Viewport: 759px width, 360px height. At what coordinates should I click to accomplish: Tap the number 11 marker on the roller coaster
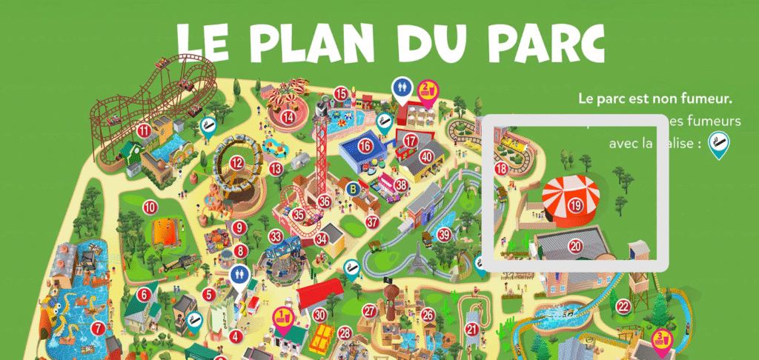[x=144, y=131]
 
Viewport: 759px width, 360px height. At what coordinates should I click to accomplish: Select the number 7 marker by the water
[x=97, y=327]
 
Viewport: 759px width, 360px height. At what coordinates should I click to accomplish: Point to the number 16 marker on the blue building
[x=365, y=146]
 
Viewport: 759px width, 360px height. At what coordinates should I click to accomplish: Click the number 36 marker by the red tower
[x=324, y=201]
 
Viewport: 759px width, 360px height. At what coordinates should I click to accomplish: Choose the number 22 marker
[x=623, y=307]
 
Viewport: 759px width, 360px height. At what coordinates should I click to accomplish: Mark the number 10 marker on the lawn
[x=150, y=207]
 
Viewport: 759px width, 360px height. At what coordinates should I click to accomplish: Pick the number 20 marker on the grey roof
[x=575, y=244]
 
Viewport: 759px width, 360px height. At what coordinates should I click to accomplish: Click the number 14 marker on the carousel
[x=287, y=116]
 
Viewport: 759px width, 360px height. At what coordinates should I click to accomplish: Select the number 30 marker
[x=319, y=314]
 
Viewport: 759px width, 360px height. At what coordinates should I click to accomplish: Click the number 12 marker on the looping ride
[x=237, y=164]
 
